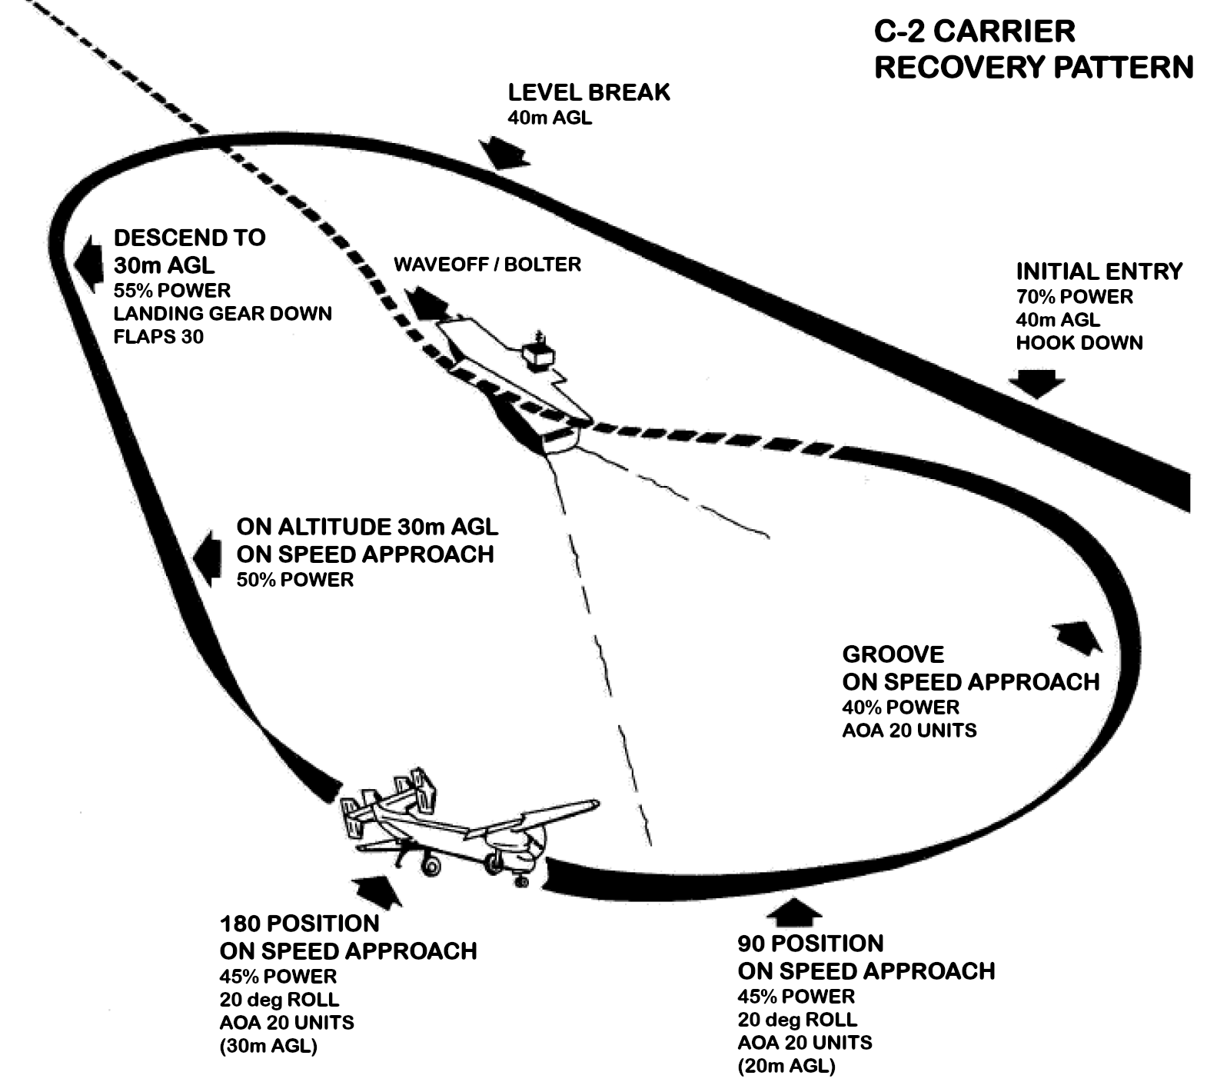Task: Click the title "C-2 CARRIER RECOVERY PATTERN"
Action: (x=1032, y=50)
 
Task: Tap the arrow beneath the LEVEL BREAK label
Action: (x=504, y=152)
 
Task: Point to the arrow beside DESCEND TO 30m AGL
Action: (x=90, y=259)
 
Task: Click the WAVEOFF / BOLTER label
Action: (x=487, y=265)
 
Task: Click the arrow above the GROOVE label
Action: (x=1079, y=636)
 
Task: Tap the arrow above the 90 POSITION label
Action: (x=794, y=911)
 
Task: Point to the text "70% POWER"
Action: (x=1074, y=296)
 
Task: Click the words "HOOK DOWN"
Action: (x=1079, y=342)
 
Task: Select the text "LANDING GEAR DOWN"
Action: (x=222, y=313)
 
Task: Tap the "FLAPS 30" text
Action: (x=158, y=336)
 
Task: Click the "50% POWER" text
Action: (x=294, y=579)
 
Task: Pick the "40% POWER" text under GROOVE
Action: (x=900, y=707)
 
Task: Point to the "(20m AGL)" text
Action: (x=786, y=1066)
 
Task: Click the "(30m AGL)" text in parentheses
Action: (x=268, y=1046)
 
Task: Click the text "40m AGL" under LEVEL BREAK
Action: (x=549, y=118)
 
